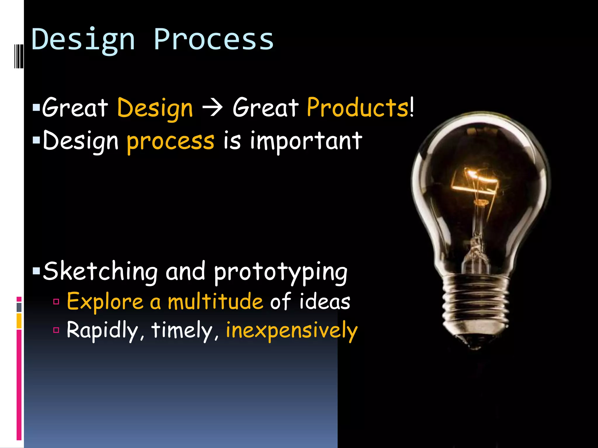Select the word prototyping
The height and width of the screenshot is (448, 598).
pyautogui.click(x=280, y=272)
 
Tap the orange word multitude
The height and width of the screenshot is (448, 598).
pyautogui.click(x=215, y=302)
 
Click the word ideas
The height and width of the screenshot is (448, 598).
pyautogui.click(x=324, y=302)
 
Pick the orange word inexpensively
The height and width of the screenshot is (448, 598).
pyautogui.click(x=291, y=331)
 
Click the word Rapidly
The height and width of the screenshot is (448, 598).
pyautogui.click(x=102, y=331)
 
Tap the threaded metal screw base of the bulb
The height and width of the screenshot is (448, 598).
pyautogui.click(x=476, y=303)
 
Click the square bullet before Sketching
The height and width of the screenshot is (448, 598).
pyautogui.click(x=36, y=272)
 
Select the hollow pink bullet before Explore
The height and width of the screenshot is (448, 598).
pyautogui.click(x=56, y=302)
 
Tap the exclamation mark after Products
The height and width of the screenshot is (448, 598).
pyautogui.click(x=412, y=108)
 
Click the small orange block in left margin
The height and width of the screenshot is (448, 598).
pyautogui.click(x=19, y=321)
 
